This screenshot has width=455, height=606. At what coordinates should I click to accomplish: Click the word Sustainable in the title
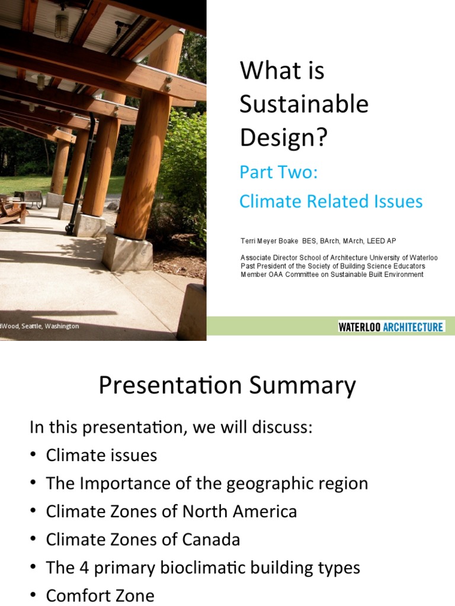(304, 105)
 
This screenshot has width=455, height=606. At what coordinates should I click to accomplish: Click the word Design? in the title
(283, 138)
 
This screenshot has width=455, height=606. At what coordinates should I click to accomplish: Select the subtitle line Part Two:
(278, 173)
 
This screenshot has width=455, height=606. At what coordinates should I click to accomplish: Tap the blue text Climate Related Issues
(331, 201)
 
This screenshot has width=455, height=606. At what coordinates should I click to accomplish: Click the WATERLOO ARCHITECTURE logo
(391, 327)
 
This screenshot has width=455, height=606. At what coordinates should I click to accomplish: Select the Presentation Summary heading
(227, 386)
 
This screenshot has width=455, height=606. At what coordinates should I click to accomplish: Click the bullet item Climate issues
(101, 455)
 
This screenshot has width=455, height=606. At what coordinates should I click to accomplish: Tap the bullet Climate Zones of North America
(171, 511)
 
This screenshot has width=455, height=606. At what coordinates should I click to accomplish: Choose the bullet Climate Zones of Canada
(143, 540)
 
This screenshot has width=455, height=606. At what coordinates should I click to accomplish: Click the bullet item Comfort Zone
(100, 595)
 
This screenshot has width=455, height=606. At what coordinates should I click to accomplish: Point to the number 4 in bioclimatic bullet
(85, 568)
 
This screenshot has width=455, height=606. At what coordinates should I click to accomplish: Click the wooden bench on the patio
(13, 209)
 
